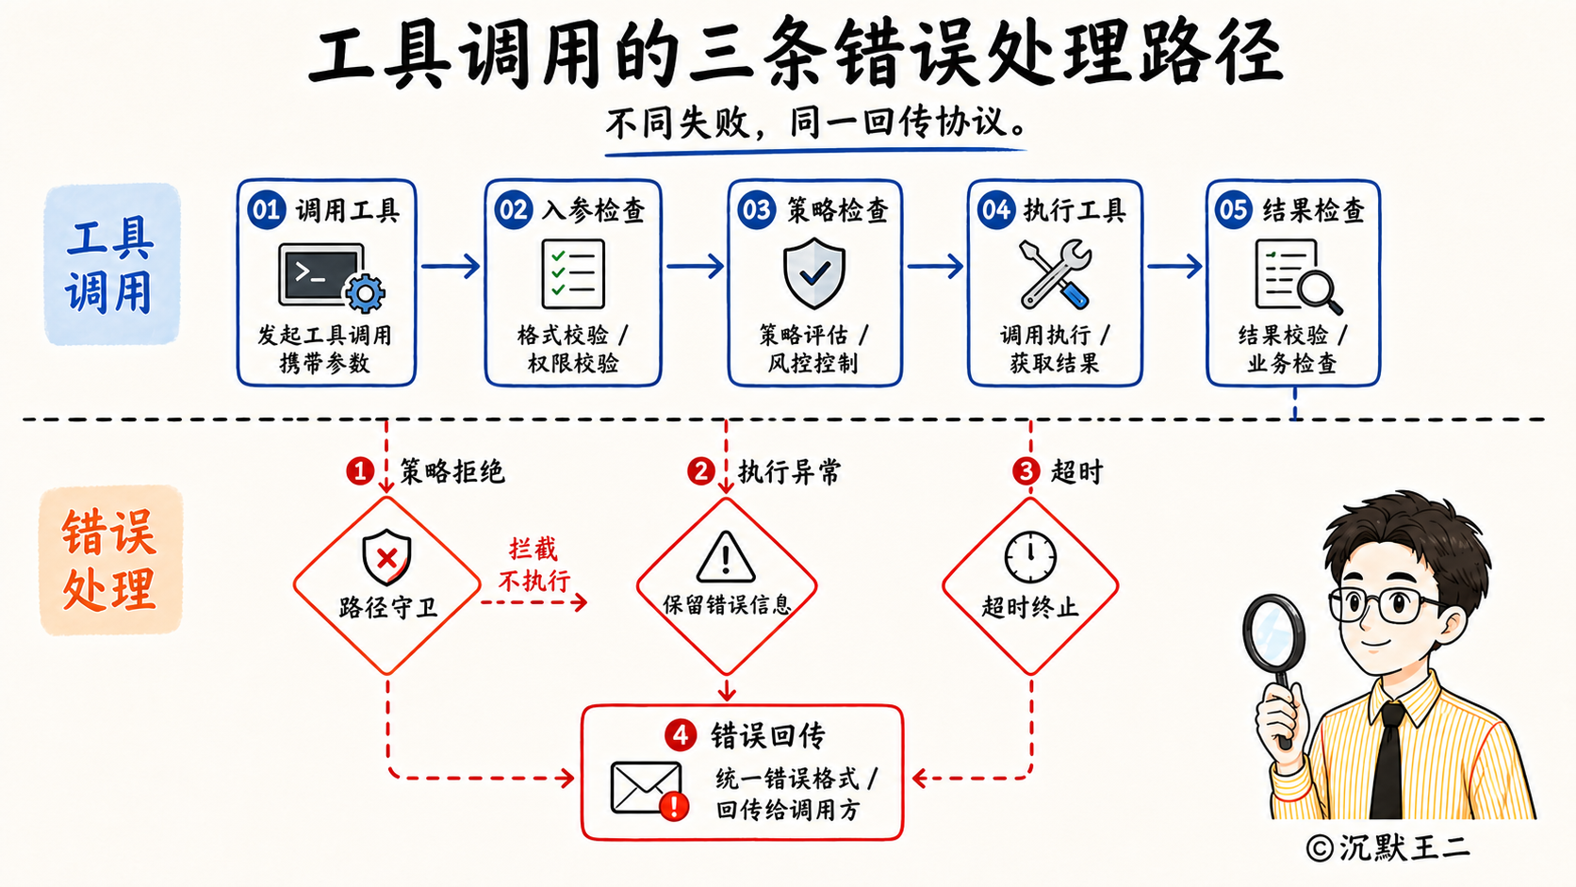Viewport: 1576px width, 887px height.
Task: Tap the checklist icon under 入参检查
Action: point(573,273)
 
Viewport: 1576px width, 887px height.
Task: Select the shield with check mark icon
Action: point(814,273)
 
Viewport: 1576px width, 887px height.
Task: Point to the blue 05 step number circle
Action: point(1233,209)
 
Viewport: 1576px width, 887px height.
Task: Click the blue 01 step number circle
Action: point(266,209)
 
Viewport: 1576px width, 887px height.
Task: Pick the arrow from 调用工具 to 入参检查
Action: point(451,266)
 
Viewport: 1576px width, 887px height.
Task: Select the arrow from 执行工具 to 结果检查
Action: point(1175,266)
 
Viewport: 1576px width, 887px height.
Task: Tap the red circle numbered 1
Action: point(359,471)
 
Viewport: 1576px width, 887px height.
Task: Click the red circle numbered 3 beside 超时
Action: point(1026,471)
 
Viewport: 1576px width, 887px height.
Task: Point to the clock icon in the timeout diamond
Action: point(1030,557)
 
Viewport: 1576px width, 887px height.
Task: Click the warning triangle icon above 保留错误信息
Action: point(726,557)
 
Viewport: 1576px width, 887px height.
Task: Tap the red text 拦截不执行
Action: point(534,565)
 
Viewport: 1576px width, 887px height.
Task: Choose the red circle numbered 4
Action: point(681,736)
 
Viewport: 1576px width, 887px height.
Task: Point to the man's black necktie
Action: point(1388,760)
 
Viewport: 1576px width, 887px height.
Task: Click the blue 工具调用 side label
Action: point(111,265)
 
